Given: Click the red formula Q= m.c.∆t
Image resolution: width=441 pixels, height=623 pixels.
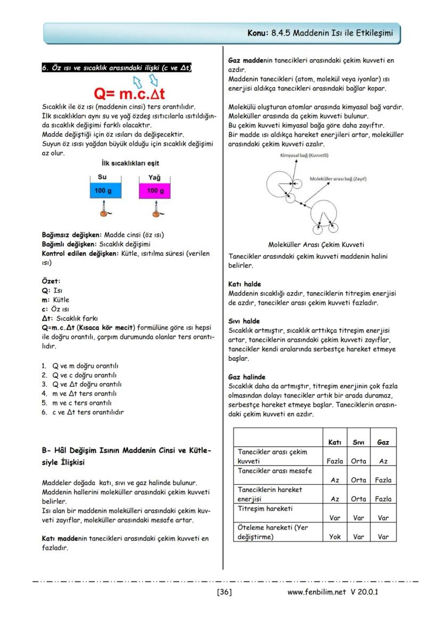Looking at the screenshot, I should tap(129, 94).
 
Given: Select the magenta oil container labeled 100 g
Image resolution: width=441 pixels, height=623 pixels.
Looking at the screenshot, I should tap(155, 190).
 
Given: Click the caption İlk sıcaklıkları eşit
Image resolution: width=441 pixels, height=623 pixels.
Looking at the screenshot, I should tap(130, 163).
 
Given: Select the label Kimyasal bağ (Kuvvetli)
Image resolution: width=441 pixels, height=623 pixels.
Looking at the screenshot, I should tap(304, 155).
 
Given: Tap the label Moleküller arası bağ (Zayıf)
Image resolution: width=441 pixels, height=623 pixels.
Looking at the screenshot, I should tap(338, 179).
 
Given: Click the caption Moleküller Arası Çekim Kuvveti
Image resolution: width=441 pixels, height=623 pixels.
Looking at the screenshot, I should tap(316, 245).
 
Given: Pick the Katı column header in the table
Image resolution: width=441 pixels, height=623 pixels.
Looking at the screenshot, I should tap(334, 442).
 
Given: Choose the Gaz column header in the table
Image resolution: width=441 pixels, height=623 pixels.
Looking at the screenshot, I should tap(383, 442).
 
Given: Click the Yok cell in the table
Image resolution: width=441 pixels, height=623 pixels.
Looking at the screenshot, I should tap(334, 537).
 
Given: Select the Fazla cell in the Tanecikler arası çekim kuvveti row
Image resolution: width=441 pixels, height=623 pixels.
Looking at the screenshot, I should tap(334, 461).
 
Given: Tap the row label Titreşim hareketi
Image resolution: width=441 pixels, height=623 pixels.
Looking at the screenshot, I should tap(265, 509).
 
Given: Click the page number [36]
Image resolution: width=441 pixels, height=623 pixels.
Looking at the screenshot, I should tap(224, 592).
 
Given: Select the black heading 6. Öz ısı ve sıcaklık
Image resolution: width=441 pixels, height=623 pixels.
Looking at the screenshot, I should tap(117, 68).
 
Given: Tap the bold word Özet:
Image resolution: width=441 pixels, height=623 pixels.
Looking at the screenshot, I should tap(51, 281).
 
